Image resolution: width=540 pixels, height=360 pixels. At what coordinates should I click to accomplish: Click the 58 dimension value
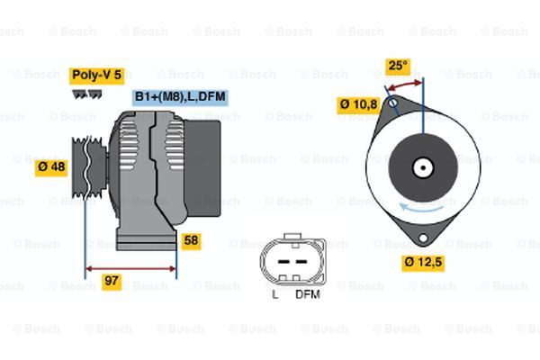pyautogui.click(x=191, y=240)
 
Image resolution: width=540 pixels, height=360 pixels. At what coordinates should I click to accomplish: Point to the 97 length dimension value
pyautogui.click(x=112, y=282)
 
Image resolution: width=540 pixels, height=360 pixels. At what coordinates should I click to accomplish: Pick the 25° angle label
pyautogui.click(x=397, y=65)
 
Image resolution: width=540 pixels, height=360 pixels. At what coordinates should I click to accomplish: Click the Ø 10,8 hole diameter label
pyautogui.click(x=357, y=105)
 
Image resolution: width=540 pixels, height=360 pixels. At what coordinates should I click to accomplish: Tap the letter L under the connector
pyautogui.click(x=274, y=293)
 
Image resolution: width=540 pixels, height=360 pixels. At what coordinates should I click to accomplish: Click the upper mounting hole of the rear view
pyautogui.click(x=393, y=104)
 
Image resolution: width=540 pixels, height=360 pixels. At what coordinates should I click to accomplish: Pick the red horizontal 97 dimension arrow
pyautogui.click(x=130, y=267)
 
